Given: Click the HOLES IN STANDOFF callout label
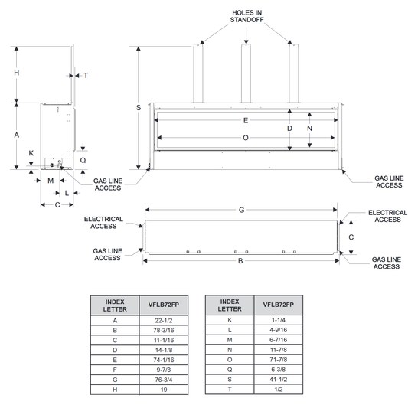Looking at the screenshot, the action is pos(246,16).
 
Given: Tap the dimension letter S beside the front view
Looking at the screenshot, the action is pos(139,107).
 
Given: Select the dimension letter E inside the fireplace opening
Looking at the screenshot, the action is pos(246,120).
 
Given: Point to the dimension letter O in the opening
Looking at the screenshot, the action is pos(246,138).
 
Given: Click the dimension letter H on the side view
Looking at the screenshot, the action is pos(16,73).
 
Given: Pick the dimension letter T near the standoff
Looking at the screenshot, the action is pos(86,76).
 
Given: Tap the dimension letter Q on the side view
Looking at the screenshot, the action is pos(83,160).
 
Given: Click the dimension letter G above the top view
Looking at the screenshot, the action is pos(241,210).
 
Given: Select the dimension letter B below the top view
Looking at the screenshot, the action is pos(240,261).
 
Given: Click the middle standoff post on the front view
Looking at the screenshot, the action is pos(246,73).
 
